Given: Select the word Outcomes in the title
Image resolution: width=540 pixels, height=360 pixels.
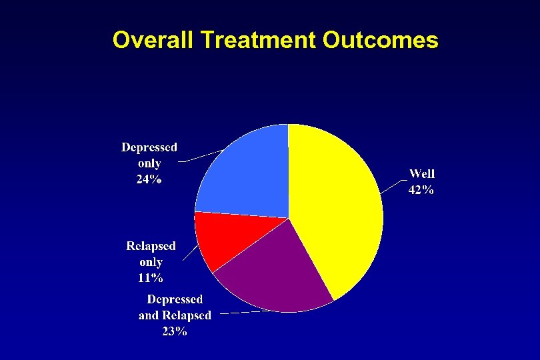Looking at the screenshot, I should coord(380,40).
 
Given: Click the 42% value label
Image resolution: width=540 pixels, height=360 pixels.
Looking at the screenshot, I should coord(421,190).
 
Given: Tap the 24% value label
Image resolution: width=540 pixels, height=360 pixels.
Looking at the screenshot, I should coord(149,179).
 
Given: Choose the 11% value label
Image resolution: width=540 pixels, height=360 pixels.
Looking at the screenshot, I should coord(151,277).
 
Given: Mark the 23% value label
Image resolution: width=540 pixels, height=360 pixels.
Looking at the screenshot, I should coord(175,331).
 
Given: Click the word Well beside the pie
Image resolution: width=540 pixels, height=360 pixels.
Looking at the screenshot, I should coord(422,175).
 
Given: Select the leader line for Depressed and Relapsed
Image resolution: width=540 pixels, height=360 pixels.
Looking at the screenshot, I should coord(241,312).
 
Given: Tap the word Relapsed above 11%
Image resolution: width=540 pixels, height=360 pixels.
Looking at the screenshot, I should coord(151,246).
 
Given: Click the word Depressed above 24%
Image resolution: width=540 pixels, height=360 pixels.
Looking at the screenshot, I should coord(149,147).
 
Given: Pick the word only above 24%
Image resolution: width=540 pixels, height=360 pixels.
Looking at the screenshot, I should coord(149,163).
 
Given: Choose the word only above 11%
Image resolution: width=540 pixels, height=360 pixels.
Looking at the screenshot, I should coord(151,262).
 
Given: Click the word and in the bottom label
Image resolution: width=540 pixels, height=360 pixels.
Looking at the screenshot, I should coord(151,315).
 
